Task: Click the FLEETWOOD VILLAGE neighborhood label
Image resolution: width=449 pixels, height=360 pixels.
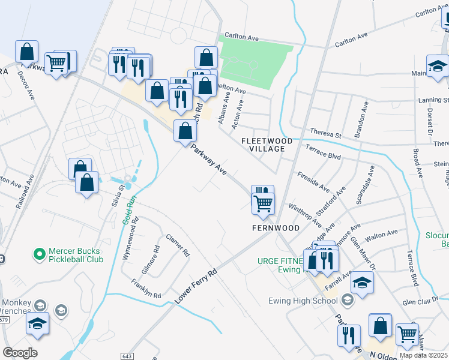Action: pyautogui.click(x=267, y=145)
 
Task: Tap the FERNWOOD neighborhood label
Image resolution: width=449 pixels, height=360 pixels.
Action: pyautogui.click(x=275, y=228)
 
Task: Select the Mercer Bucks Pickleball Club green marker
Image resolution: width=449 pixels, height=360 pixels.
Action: pyautogui.click(x=40, y=255)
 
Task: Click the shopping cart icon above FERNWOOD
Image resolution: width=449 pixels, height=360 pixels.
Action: pyautogui.click(x=263, y=203)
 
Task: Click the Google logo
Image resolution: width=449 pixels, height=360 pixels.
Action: pyautogui.click(x=20, y=353)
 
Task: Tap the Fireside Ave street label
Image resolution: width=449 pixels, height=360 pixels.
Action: pyautogui.click(x=314, y=181)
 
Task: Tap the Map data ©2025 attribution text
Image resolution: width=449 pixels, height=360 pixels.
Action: pyautogui.click(x=424, y=355)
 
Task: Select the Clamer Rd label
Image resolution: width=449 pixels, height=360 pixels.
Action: pyautogui.click(x=178, y=245)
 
